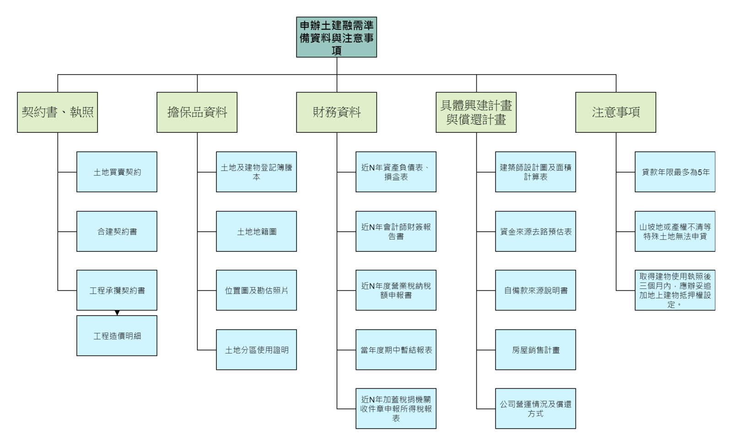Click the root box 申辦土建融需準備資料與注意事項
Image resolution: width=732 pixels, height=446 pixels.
point(336,37)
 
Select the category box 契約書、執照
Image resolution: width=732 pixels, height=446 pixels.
point(57,112)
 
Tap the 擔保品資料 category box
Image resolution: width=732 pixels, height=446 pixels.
point(197,112)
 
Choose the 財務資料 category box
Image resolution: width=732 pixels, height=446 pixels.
point(336,112)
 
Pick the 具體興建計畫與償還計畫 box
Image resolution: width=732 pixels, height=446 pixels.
point(476,112)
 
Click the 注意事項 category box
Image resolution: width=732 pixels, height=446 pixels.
point(615,112)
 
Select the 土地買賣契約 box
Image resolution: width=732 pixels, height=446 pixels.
point(117,172)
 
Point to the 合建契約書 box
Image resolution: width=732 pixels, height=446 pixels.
point(117,231)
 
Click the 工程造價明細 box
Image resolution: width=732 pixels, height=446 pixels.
point(117,336)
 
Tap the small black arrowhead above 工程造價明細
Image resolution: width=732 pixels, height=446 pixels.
point(117,313)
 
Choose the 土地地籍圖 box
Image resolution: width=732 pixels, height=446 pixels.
point(256,231)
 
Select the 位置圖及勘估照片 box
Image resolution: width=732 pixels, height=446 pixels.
point(256,290)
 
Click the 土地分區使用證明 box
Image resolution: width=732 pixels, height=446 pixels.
point(256,350)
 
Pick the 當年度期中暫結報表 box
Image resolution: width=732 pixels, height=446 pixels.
point(396,350)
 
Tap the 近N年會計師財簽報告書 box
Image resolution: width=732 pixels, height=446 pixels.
point(396,231)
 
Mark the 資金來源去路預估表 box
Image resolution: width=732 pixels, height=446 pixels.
point(535,231)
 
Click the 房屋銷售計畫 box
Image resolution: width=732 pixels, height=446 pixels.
point(535,350)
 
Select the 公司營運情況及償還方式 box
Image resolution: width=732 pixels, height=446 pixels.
point(535,408)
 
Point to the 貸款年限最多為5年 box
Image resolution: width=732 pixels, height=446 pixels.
point(675,172)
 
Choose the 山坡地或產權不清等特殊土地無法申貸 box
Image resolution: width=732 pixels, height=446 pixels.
point(675,231)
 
